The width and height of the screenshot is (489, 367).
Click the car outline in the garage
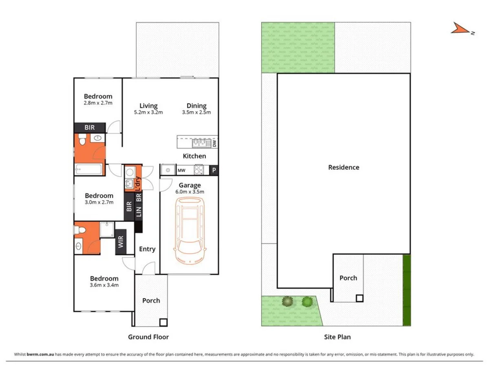(189, 231)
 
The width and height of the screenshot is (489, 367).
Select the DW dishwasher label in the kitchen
(214, 143)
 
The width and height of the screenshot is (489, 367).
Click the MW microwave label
(181, 170)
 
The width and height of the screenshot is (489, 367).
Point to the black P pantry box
(214, 170)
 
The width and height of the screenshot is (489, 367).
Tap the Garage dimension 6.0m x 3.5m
(189, 192)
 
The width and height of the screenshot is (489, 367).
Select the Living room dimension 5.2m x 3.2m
(148, 113)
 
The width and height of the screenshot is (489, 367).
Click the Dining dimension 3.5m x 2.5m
(196, 113)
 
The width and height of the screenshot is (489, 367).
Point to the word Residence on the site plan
(344, 167)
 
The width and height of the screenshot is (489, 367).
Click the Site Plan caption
(337, 337)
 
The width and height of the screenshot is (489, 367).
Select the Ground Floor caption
(148, 337)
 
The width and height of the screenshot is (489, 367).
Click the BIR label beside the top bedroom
(90, 128)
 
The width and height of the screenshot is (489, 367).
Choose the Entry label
(147, 249)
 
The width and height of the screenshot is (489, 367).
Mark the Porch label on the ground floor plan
(151, 301)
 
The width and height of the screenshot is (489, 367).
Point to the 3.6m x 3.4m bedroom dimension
(104, 285)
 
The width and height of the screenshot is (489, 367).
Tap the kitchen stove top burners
(199, 170)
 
